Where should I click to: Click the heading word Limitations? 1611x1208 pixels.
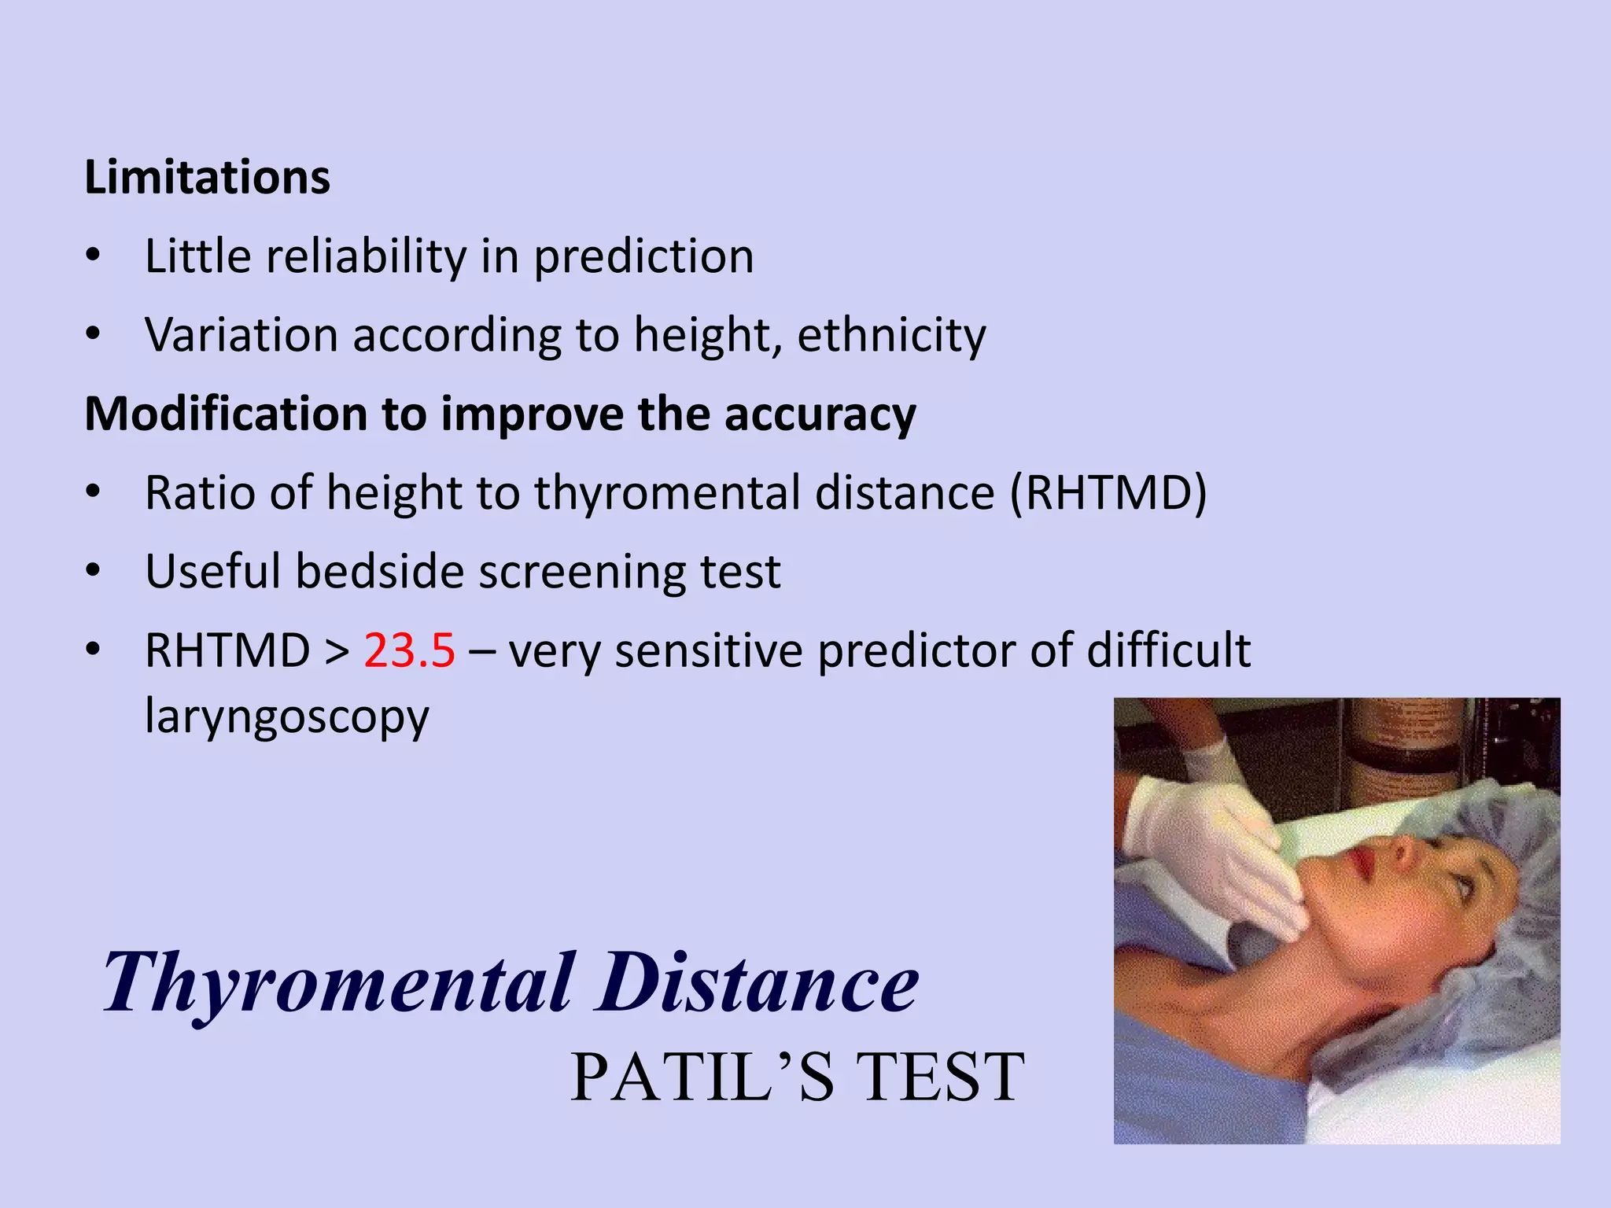click(x=207, y=177)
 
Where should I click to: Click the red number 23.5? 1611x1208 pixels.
click(x=409, y=650)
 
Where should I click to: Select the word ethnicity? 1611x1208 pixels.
click(x=891, y=336)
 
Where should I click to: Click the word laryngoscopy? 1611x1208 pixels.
click(x=287, y=716)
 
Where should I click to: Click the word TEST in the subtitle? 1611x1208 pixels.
click(x=939, y=1077)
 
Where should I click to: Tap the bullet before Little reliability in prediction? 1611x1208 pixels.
click(x=94, y=256)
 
